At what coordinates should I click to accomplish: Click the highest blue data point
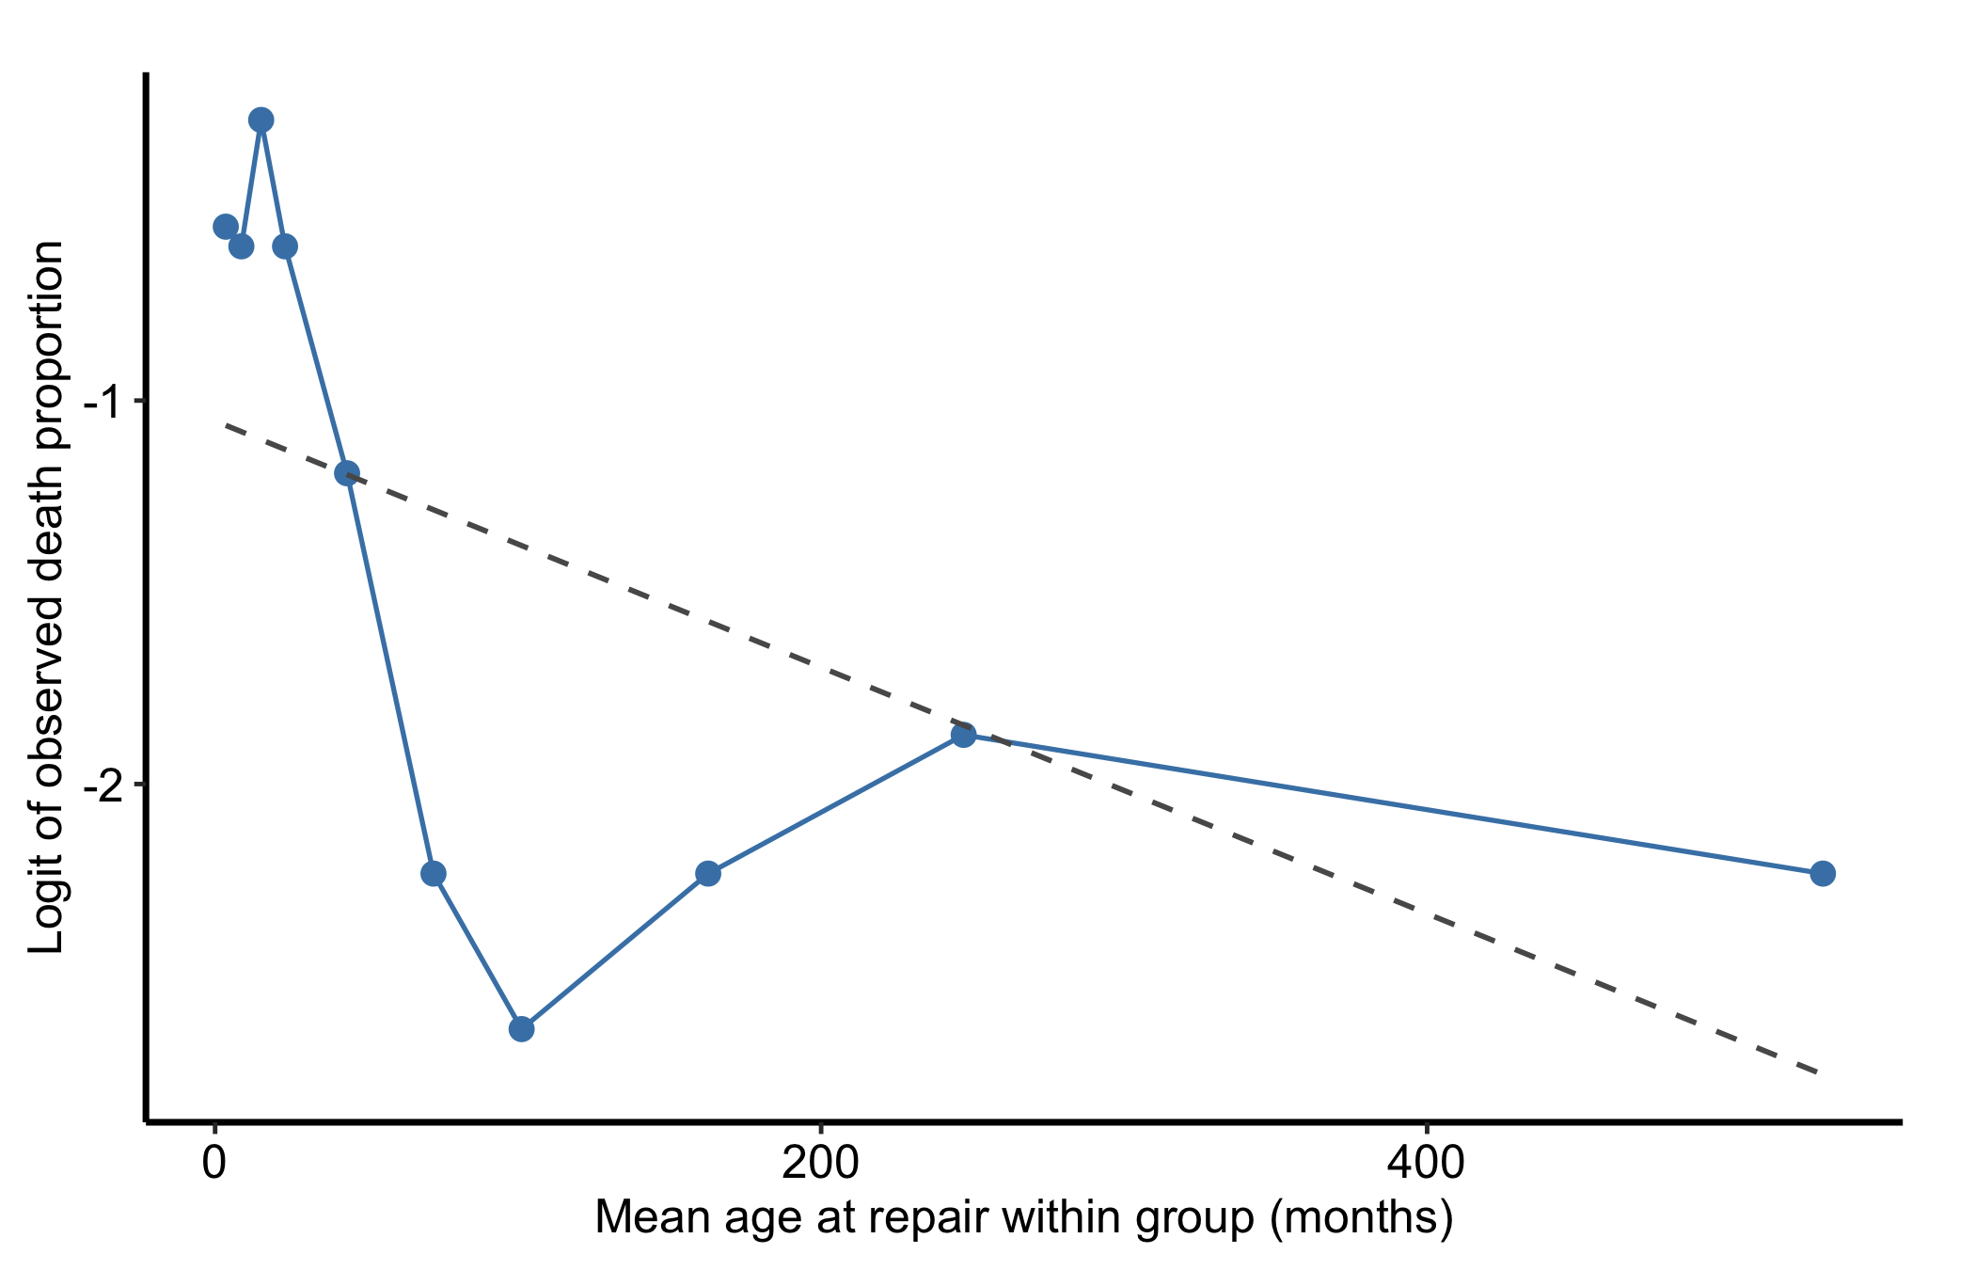(261, 119)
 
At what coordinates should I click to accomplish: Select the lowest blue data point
(522, 1028)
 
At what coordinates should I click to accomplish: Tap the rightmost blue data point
(1823, 873)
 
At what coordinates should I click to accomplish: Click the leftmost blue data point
(226, 226)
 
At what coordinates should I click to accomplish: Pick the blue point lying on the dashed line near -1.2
(347, 472)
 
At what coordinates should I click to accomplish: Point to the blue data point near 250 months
(963, 735)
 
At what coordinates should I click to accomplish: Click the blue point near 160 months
(708, 873)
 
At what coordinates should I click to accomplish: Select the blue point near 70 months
(434, 873)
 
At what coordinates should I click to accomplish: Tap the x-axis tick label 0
(215, 1164)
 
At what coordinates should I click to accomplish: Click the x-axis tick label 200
(821, 1164)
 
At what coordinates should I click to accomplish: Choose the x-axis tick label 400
(1427, 1164)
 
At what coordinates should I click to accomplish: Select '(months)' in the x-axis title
(1361, 1218)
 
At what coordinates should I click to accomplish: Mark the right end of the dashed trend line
(1819, 1072)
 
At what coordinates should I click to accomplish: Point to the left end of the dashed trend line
(226, 425)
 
